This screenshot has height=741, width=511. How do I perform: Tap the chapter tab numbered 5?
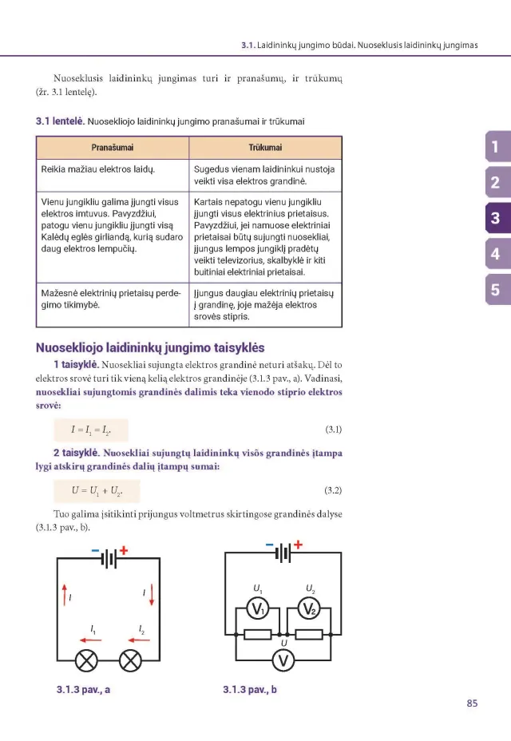[x=496, y=290]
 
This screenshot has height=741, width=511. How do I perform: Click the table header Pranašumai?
[x=113, y=148]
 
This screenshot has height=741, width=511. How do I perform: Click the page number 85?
[x=472, y=703]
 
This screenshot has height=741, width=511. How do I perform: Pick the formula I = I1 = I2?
[x=91, y=430]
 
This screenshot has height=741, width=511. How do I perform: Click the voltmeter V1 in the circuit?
[x=257, y=610]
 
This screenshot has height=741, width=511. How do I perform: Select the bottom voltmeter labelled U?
[x=283, y=660]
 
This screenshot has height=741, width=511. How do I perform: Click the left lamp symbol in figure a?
[x=85, y=660]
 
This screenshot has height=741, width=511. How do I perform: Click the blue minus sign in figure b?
[x=269, y=546]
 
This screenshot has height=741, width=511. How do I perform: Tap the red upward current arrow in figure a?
[x=64, y=594]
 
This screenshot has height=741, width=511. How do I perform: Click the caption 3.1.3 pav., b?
[x=250, y=689]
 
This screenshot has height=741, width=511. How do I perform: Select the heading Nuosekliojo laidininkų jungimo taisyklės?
[x=150, y=348]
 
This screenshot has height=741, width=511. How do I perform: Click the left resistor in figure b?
[x=257, y=635]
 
